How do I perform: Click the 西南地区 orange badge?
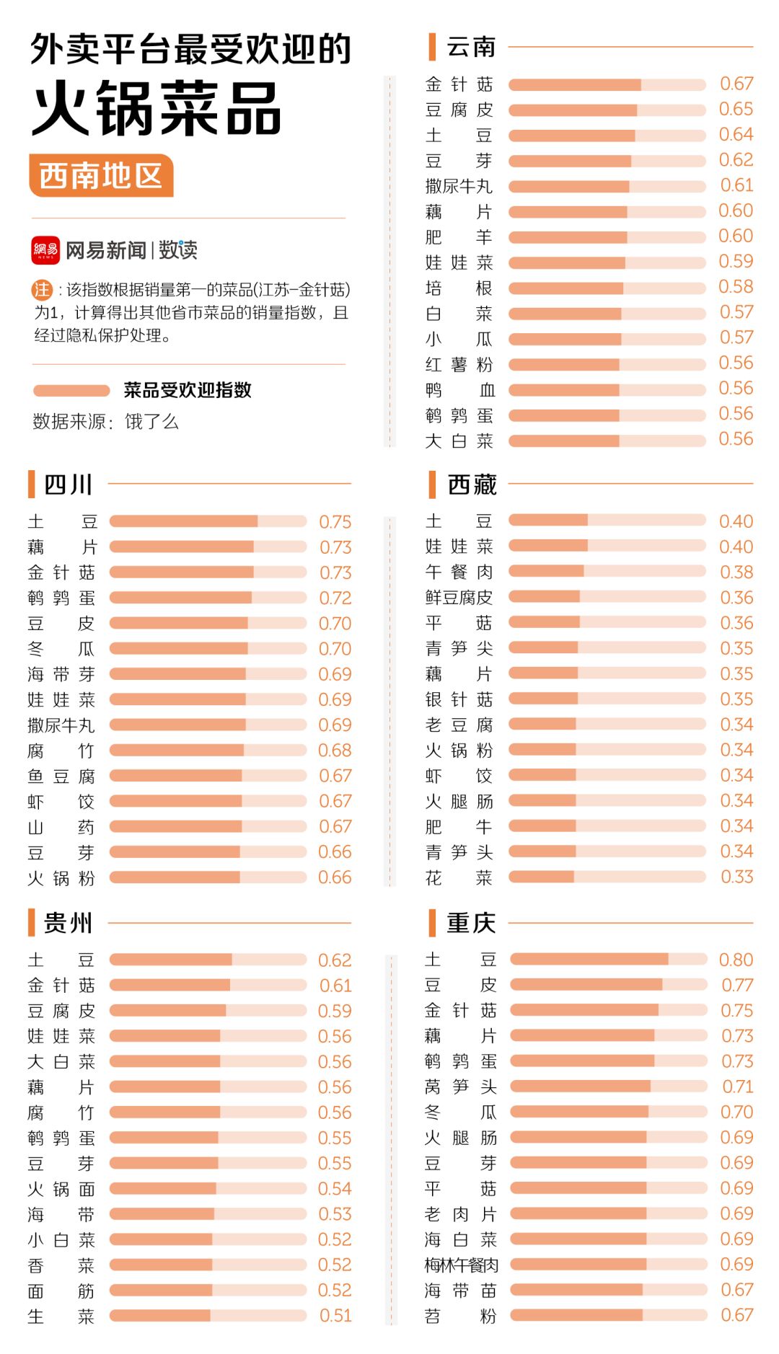tap(101, 175)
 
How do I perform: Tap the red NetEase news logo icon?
tap(45, 250)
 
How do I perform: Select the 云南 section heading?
tap(470, 47)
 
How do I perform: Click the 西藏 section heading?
tap(472, 484)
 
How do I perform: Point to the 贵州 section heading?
tap(68, 923)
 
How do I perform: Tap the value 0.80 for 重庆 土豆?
tap(736, 960)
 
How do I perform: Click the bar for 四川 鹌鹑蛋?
tap(208, 598)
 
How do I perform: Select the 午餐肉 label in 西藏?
tap(459, 572)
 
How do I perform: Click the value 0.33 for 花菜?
tap(736, 877)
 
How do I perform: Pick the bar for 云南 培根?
tap(607, 288)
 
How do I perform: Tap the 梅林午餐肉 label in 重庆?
tap(461, 1265)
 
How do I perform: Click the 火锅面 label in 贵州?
tap(61, 1189)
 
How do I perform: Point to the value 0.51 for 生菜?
tap(335, 1316)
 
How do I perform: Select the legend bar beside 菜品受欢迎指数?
tap(71, 390)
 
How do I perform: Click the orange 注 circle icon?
tap(42, 290)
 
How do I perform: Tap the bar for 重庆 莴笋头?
tap(608, 1087)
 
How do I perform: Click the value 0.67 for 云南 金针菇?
tap(736, 84)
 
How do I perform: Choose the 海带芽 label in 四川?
tap(61, 674)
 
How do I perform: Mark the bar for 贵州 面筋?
tap(208, 1291)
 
